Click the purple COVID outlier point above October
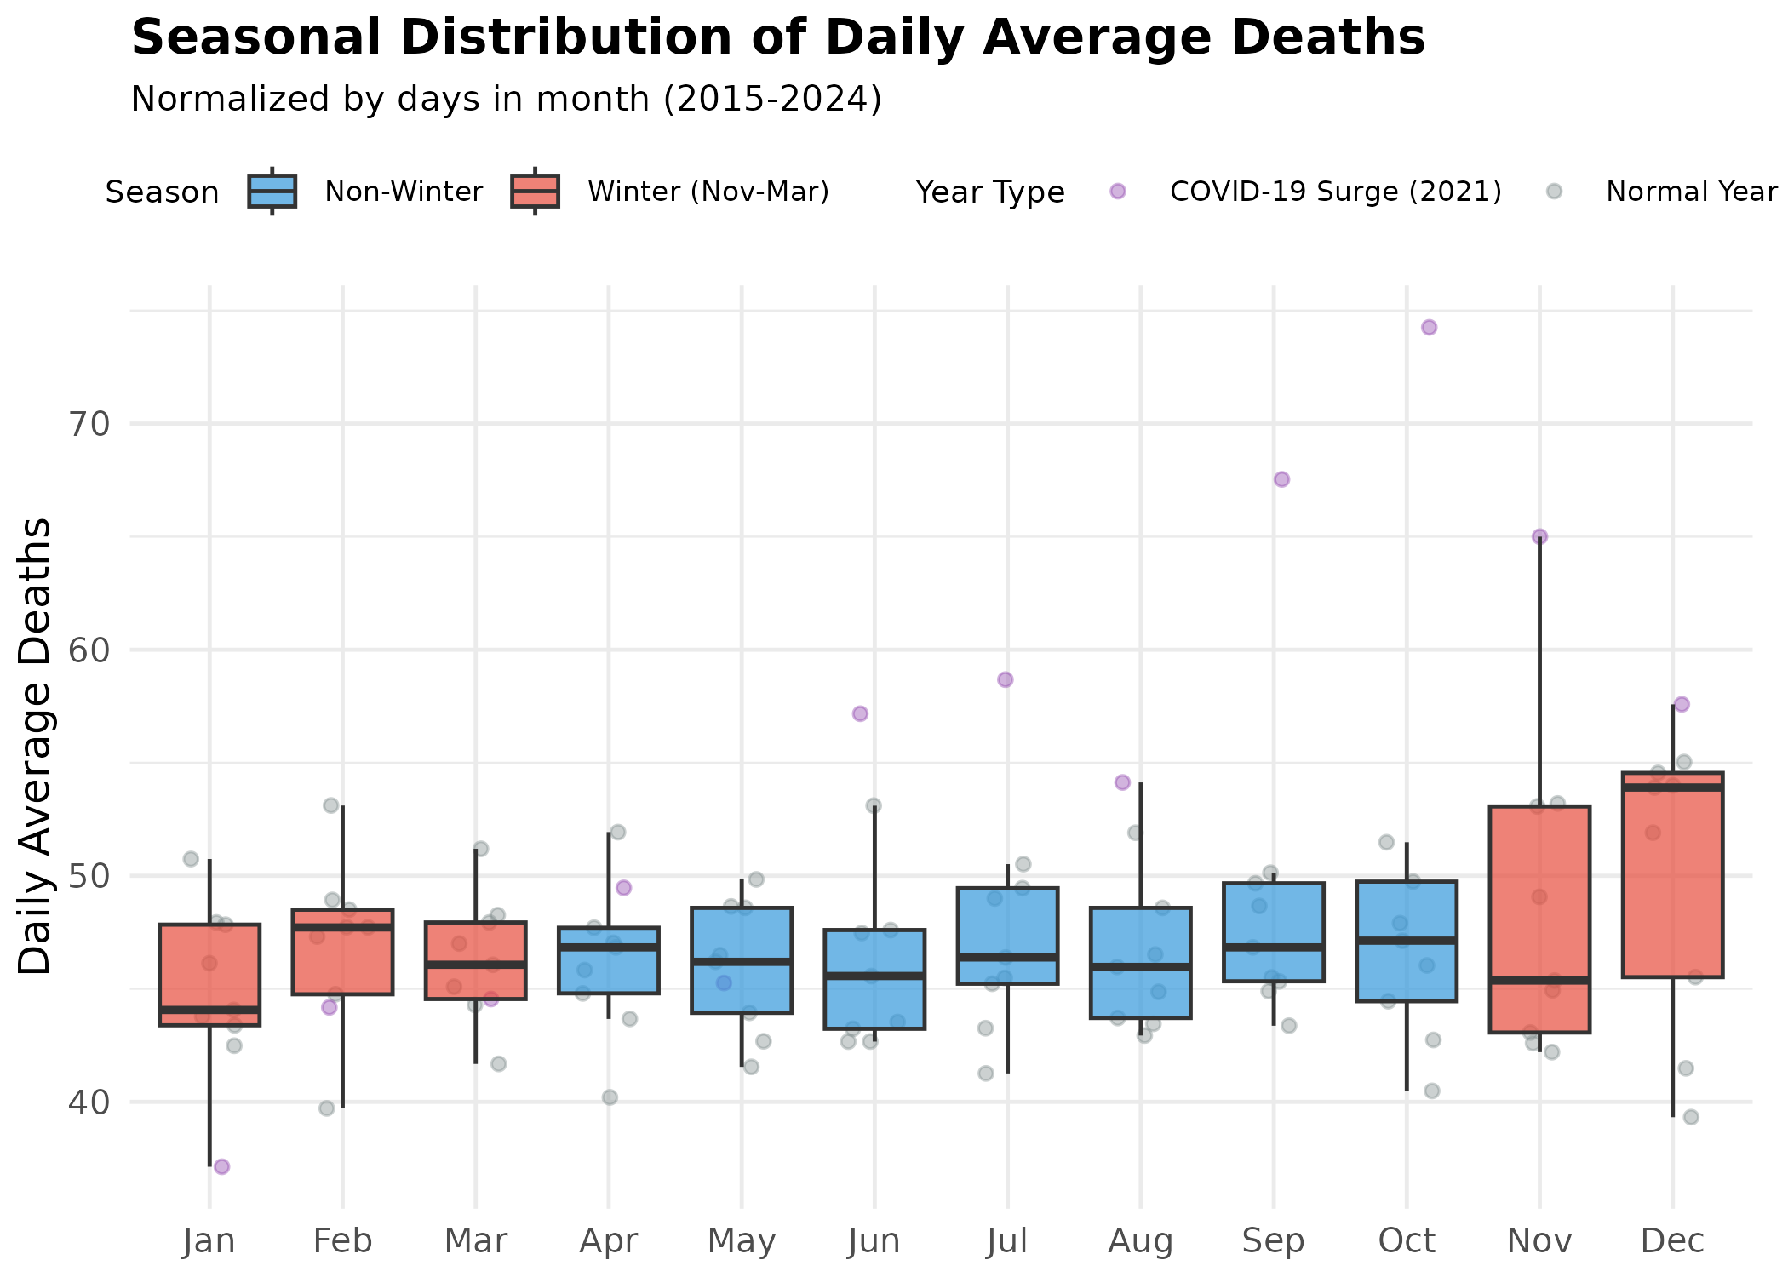click(x=1429, y=328)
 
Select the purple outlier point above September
click(x=1281, y=479)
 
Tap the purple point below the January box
click(x=221, y=1166)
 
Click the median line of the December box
click(x=1672, y=787)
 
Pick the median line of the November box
click(x=1539, y=981)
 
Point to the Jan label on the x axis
click(x=209, y=1241)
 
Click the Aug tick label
click(x=1140, y=1241)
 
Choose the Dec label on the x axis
click(x=1672, y=1241)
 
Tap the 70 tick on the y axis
click(x=89, y=424)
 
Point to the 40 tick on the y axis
click(x=89, y=1102)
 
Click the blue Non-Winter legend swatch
click(x=272, y=192)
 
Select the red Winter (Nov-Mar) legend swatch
click(x=535, y=192)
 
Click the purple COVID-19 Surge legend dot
click(x=1118, y=192)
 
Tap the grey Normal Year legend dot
click(x=1554, y=192)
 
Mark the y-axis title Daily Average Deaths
click(x=36, y=746)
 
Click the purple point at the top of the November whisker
click(x=1539, y=536)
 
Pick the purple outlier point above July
click(x=1006, y=679)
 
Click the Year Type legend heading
click(x=989, y=192)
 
